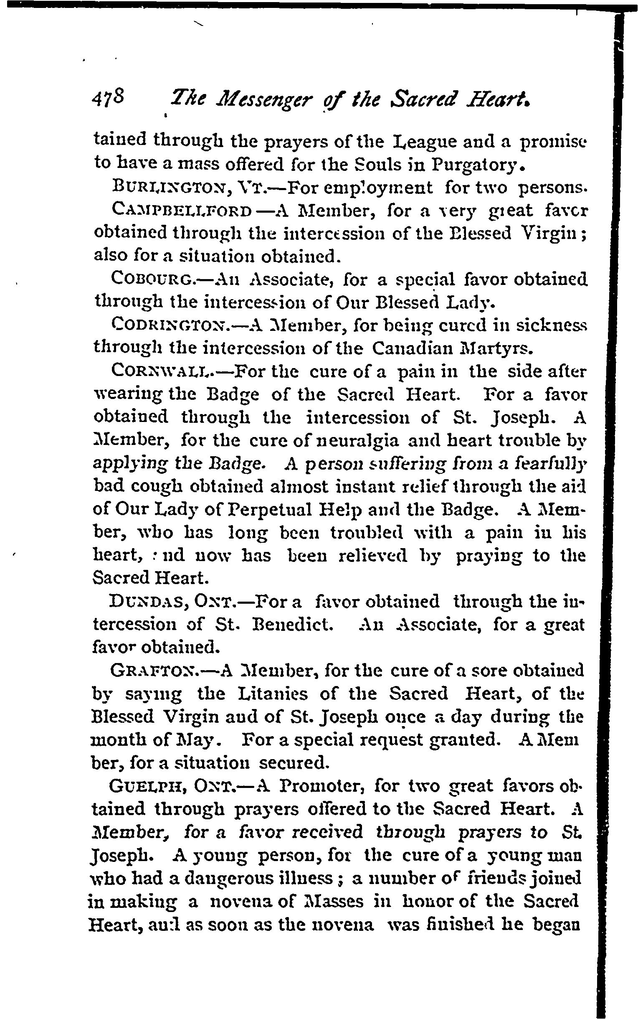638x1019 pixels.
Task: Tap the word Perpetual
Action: pyautogui.click(x=268, y=511)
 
